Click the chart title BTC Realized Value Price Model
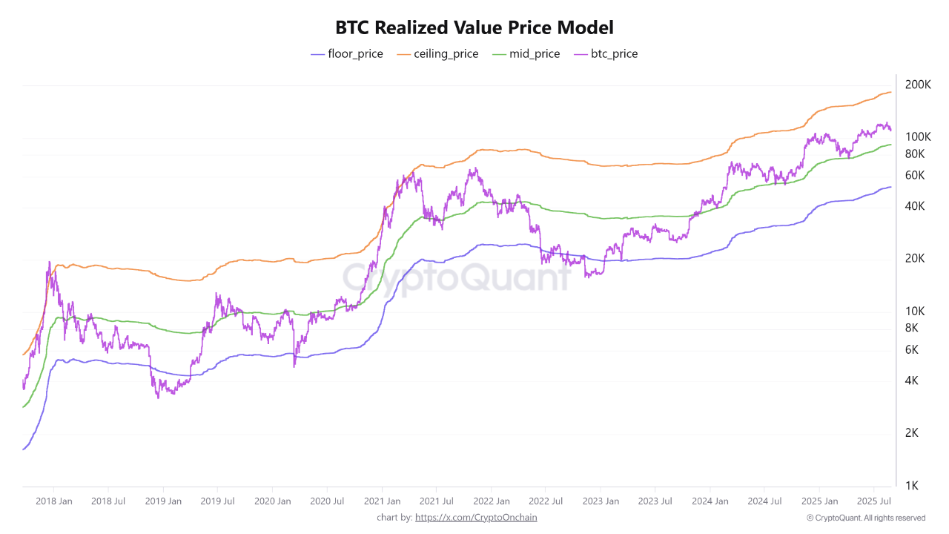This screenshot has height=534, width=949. point(474,28)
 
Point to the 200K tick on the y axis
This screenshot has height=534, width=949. point(918,85)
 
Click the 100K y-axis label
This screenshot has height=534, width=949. point(918,137)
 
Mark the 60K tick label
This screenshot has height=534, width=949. point(915,175)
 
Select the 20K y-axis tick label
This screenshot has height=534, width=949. point(915,259)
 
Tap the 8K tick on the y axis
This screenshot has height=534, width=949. point(912,328)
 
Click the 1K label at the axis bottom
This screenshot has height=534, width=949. point(912,486)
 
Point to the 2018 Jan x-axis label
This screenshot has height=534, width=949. point(54,501)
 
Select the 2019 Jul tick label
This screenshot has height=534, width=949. point(218,501)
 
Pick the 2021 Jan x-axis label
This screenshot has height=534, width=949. point(383,501)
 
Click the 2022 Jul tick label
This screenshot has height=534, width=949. point(546,501)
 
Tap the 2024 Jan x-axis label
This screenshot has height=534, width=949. point(710,501)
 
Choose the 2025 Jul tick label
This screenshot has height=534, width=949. point(873,501)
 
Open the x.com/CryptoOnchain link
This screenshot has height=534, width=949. point(476,518)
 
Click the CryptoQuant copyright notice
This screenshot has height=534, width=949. point(866,518)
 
